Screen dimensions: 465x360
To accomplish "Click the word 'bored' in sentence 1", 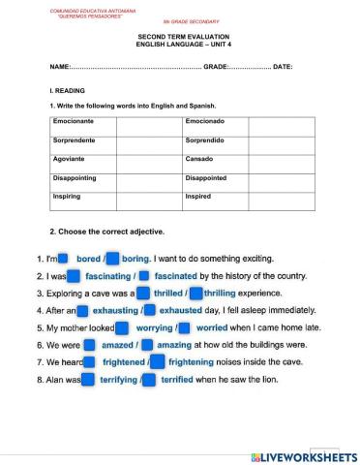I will tap(88, 260).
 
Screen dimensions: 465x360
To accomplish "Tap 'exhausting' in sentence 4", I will tap(115, 310).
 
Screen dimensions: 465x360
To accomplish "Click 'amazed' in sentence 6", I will tap(118, 344).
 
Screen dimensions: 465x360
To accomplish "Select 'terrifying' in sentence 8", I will tap(121, 379).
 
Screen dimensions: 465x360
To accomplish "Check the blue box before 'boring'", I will tap(111, 260).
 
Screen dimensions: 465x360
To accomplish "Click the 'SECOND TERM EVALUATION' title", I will tap(180, 33).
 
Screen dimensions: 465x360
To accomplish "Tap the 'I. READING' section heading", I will tap(64, 90).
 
